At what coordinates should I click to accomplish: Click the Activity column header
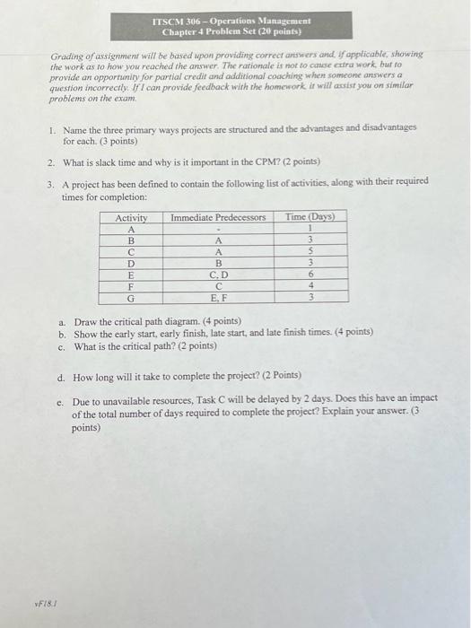tap(131, 217)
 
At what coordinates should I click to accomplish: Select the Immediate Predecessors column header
tap(218, 217)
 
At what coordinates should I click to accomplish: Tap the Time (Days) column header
tap(310, 217)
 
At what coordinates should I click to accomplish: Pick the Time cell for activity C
tap(310, 252)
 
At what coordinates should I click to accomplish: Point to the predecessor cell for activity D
tap(218, 264)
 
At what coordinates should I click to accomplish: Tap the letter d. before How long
tap(60, 377)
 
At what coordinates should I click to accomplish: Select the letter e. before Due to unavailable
tap(60, 403)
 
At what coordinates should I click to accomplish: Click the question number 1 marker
tap(52, 129)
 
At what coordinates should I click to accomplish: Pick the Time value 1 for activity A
tap(310, 229)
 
